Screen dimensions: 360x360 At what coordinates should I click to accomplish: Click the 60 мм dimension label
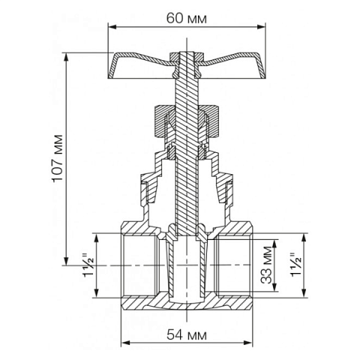187,16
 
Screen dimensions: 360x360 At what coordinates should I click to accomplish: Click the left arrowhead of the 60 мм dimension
112,27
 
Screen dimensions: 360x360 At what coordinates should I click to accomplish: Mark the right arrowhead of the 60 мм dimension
262,27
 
